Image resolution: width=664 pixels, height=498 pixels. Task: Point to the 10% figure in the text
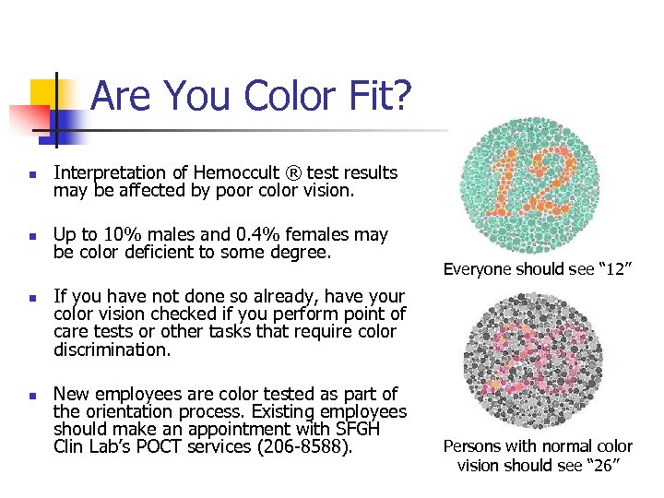[117, 235]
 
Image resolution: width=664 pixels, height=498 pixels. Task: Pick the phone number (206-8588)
[307, 446]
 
